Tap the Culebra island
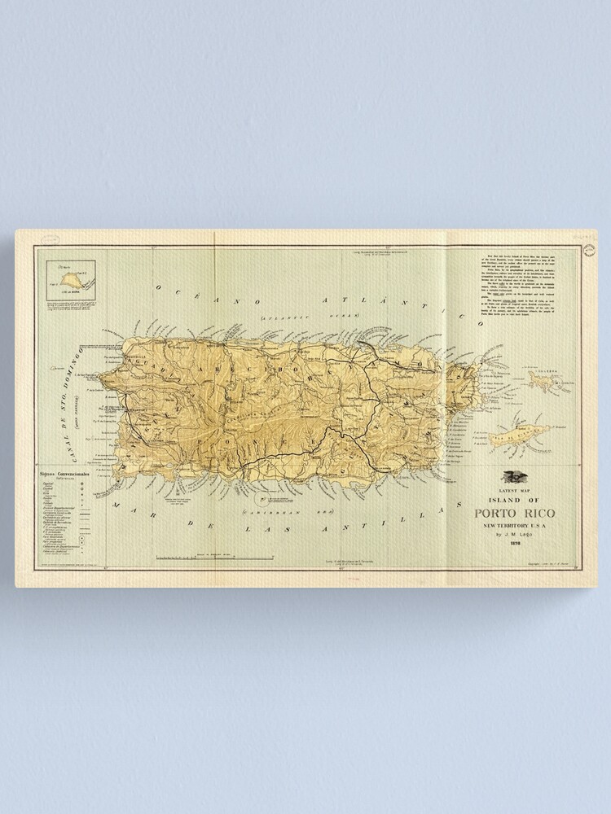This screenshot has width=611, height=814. click(x=542, y=378)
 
